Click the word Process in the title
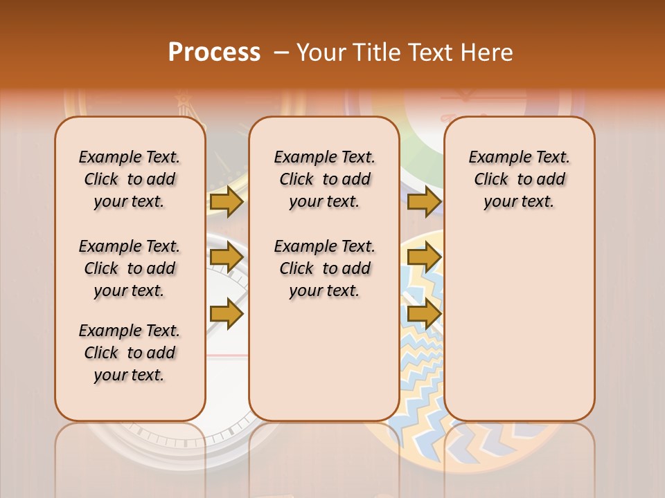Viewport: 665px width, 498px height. click(214, 53)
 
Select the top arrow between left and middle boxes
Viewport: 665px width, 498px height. click(227, 202)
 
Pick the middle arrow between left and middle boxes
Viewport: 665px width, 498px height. click(227, 258)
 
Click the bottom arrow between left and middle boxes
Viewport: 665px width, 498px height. click(227, 314)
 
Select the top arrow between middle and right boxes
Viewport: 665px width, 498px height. click(424, 202)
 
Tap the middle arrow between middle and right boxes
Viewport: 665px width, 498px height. click(424, 258)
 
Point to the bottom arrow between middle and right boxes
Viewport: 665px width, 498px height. click(424, 314)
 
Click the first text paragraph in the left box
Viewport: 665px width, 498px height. click(129, 179)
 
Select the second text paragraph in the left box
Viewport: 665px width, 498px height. click(129, 268)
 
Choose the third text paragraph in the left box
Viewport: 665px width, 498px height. click(129, 353)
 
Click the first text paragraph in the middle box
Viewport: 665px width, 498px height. click(324, 179)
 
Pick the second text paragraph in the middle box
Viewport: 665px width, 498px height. click(324, 268)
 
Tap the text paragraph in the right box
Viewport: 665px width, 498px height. click(520, 179)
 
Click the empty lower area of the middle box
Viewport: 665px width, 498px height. click(324, 367)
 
